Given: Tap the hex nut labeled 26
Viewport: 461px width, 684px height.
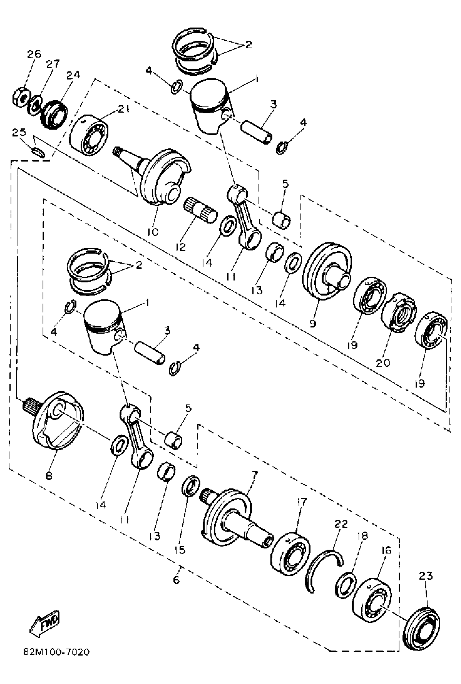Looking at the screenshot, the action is [x=21, y=97].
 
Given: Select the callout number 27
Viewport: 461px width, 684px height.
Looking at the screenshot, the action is [x=53, y=63].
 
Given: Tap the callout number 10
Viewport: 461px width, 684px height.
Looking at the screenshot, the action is [x=153, y=232].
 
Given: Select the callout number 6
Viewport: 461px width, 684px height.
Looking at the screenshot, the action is [x=176, y=580].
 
